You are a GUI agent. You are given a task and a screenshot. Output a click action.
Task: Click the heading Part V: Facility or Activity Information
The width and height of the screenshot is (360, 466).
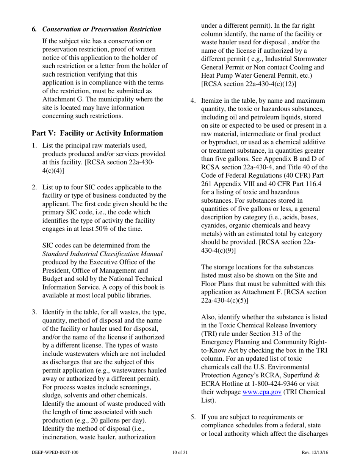pyautogui.click(x=97, y=133)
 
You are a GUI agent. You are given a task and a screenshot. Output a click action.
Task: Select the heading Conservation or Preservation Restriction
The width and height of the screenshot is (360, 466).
pyautogui.click(x=101, y=29)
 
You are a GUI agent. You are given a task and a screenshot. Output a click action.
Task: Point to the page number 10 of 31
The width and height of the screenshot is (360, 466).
pyautogui.click(x=180, y=452)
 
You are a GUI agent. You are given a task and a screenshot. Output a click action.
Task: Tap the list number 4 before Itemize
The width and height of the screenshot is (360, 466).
pyautogui.click(x=193, y=101)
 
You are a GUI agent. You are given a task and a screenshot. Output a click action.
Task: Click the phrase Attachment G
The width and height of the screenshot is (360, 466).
pyautogui.click(x=60, y=99)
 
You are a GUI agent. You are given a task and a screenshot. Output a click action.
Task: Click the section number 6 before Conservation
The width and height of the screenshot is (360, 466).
pyautogui.click(x=34, y=29)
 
